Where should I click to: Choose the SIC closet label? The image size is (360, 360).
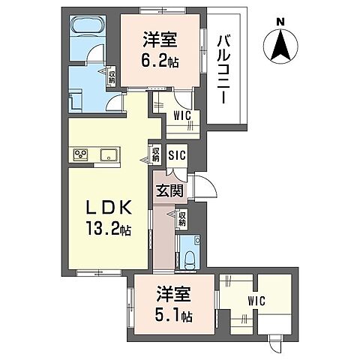[x=177, y=155]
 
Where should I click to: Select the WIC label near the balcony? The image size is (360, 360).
[x=181, y=115]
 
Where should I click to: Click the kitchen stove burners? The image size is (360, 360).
[x=82, y=155]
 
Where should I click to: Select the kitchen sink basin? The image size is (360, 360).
[x=108, y=155]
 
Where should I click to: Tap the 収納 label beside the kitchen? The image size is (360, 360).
[x=155, y=154]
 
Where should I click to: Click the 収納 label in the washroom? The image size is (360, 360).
[x=112, y=75]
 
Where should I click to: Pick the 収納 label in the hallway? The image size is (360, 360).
[x=182, y=218]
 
